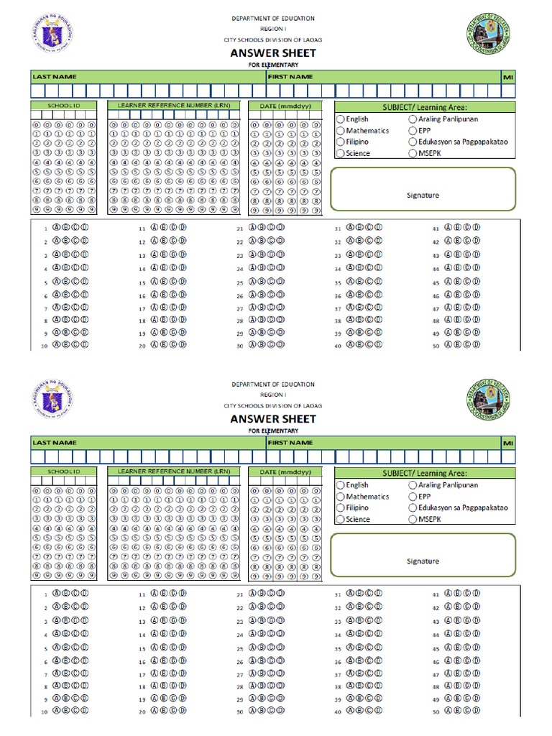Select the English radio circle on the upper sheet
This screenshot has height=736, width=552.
coord(341,119)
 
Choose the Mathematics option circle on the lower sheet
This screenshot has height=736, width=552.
coord(341,497)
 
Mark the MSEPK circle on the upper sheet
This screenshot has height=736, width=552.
coord(413,154)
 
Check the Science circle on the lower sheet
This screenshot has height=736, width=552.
coord(341,519)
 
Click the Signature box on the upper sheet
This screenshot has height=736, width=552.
coord(423,189)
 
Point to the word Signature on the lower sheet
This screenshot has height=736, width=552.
coord(423,561)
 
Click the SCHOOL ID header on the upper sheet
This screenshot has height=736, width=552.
coord(63,106)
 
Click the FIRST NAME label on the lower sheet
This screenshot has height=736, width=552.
coord(290,442)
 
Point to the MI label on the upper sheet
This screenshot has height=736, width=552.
coord(509,76)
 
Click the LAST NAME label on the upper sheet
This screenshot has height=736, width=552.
coord(54,76)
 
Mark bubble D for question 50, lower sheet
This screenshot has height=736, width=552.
coord(477,712)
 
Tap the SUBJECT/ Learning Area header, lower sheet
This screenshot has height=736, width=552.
coord(424,473)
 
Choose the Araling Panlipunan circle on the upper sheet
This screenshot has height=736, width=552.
coord(413,119)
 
